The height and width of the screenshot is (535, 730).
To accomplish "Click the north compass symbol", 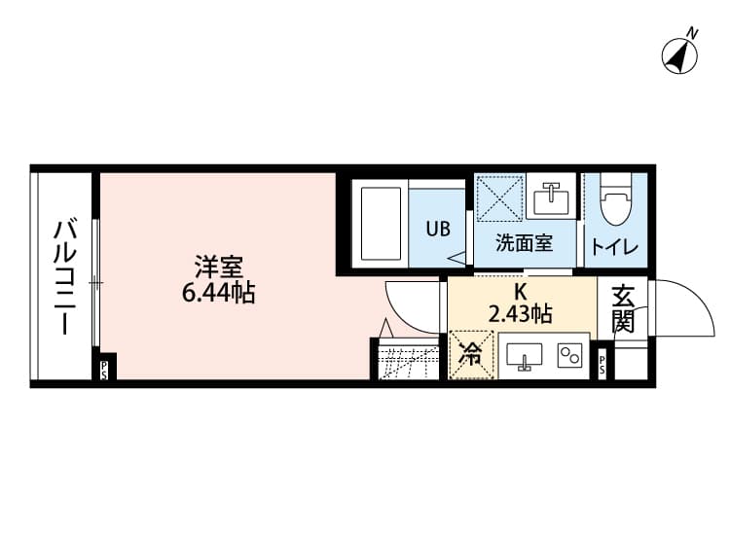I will coord(682,53).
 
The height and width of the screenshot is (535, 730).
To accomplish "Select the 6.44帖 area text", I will coord(218,292).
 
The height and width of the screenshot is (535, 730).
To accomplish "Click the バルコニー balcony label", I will coord(63,277).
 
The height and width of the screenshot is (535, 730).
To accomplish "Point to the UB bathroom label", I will coord(437,230).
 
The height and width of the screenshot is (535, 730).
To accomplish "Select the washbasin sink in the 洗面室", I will coord(551,198).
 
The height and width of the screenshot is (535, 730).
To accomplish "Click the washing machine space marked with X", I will coord(499,198).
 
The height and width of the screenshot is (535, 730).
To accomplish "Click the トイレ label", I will coord(617,247).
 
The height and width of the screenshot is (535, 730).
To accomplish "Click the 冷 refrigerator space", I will coord(470,355).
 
